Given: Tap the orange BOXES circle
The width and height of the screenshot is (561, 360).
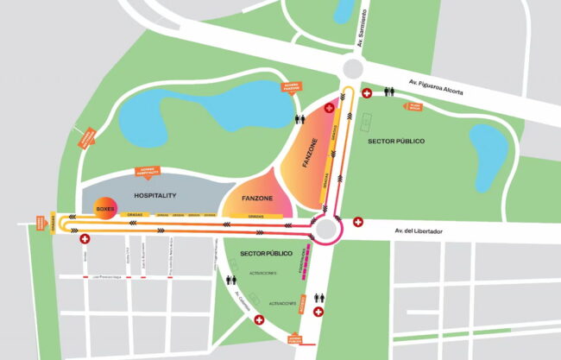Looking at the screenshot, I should tap(106, 208).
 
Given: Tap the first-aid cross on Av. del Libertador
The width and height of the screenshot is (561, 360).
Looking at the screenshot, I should tap(359, 222).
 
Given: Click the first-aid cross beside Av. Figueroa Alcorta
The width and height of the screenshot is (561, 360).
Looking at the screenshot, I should tap(367, 92).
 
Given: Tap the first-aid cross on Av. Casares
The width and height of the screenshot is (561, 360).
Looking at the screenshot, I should tap(258, 320).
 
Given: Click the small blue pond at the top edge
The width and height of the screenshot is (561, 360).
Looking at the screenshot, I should tap(344, 10).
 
